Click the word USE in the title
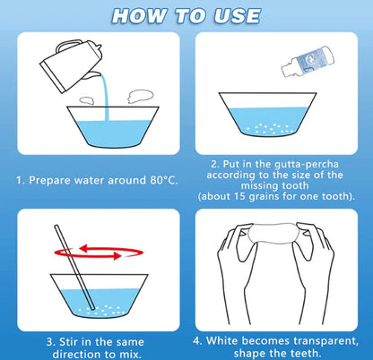(x=238, y=15)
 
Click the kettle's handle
(x=69, y=46)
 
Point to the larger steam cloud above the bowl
(x=141, y=97)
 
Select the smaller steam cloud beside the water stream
(x=87, y=100)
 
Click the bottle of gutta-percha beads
(x=308, y=62)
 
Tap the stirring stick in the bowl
(x=74, y=268)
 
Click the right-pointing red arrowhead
(x=117, y=255)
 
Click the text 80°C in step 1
(x=162, y=180)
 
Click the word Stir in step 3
(x=70, y=341)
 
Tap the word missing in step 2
(x=258, y=186)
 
